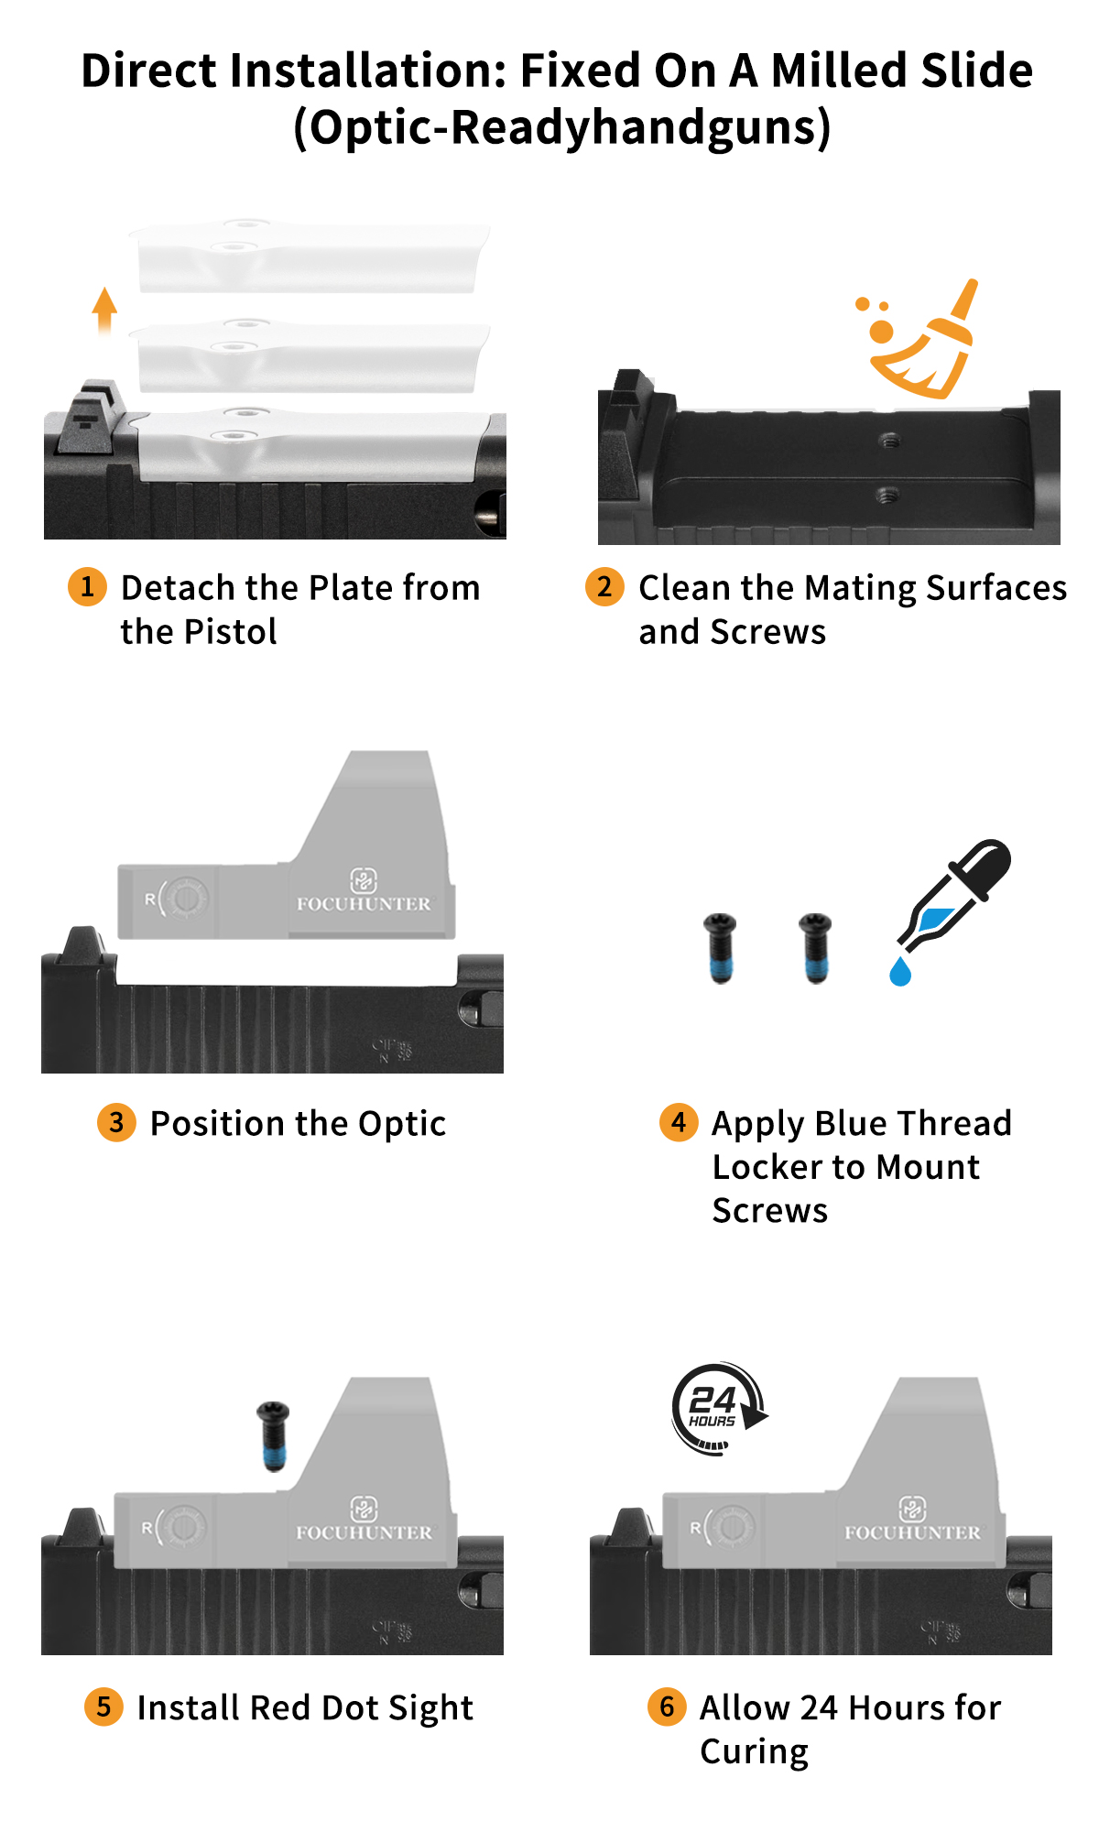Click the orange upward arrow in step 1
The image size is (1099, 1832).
(105, 310)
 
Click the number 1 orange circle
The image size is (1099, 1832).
(87, 586)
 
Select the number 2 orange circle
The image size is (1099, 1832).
(604, 586)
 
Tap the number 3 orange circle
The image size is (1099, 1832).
(116, 1122)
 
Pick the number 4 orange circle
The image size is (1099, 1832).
(679, 1122)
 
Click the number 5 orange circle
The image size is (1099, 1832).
(103, 1707)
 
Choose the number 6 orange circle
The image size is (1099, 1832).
(667, 1707)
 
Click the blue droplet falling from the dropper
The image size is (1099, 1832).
(900, 971)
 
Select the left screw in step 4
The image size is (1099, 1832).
(721, 948)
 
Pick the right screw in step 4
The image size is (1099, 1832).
(815, 948)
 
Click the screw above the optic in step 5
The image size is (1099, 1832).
(273, 1435)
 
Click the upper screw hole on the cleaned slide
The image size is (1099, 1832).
(887, 441)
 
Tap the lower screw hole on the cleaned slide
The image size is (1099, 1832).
(886, 496)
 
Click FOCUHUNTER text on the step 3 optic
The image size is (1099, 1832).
(364, 904)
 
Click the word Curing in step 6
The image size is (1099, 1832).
(754, 1751)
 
